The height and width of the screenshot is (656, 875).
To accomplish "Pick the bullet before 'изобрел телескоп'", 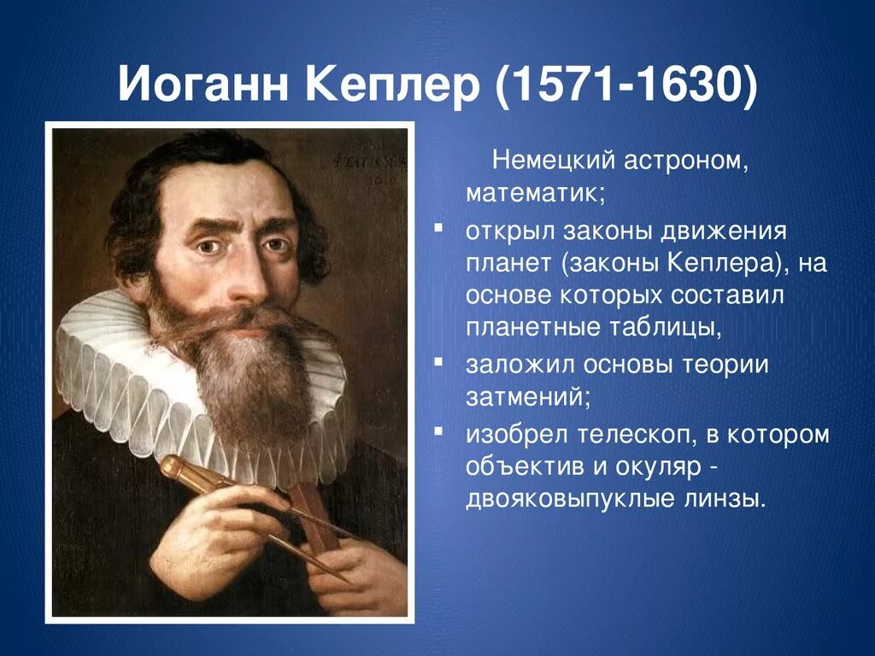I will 437,431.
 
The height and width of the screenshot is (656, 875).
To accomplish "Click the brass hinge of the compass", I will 172,467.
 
